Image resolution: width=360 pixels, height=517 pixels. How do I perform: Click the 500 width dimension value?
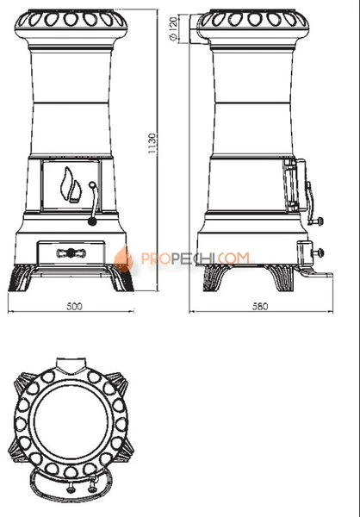point(75,306)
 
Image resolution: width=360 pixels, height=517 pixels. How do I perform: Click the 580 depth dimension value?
point(260,306)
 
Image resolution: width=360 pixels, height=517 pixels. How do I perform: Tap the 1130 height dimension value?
point(152,143)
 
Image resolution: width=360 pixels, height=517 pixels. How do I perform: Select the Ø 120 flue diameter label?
point(173,28)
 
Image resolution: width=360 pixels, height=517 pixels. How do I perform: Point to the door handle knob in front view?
point(92,221)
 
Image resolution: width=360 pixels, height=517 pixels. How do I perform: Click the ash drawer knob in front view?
point(71,253)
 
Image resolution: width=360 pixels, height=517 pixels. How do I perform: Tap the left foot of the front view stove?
point(21,278)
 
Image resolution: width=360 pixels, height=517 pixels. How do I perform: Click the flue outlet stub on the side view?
point(199,28)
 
